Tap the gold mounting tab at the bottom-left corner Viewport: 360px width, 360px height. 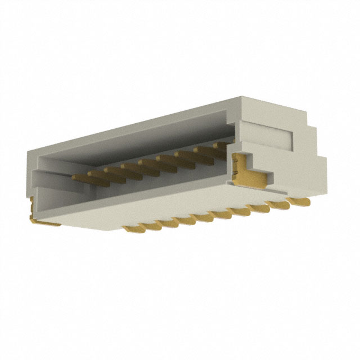coord(45,220)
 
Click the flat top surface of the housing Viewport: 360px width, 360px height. coord(141,121)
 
